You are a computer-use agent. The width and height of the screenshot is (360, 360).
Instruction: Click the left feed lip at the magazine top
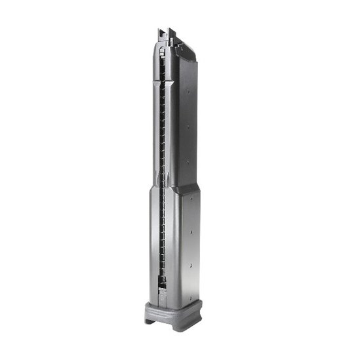(161, 32)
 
